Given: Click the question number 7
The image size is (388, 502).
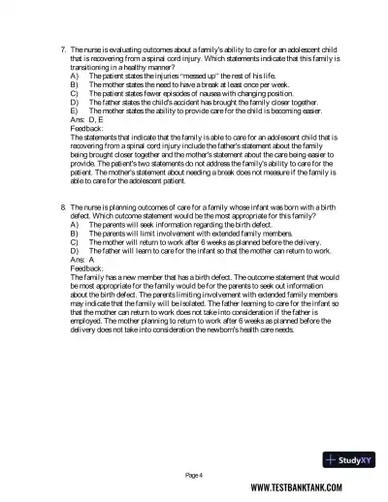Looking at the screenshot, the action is click(x=62, y=47).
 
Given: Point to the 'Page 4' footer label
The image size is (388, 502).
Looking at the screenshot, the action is click(x=194, y=475).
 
